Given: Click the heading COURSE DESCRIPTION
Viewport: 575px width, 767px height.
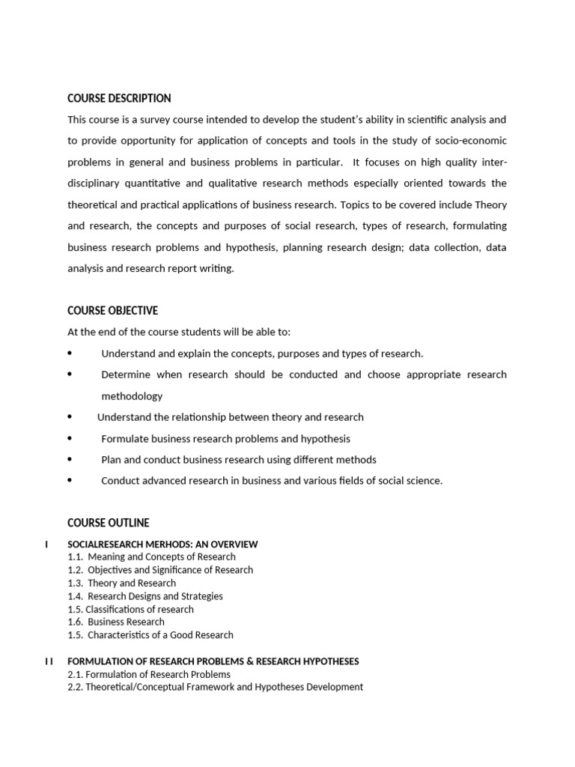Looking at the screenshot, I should coord(119,98).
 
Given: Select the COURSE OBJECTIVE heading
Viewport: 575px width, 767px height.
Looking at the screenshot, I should coord(112,311).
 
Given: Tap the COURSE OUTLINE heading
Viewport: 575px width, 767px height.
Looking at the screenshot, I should coord(109,523).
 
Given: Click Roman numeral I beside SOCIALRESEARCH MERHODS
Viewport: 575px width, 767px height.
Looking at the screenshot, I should coord(47,544).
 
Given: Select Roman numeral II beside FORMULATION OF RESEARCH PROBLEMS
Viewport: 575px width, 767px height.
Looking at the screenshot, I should coord(49,661).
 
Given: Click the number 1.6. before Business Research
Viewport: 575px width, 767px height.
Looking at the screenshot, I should coord(75,622).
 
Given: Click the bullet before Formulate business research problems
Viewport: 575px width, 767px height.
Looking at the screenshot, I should coord(70,438).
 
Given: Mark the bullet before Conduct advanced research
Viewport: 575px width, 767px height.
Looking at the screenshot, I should coord(70,481).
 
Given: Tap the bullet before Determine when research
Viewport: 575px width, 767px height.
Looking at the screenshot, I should coord(70,375).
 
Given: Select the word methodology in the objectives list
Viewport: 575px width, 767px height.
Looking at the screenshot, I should coord(132,395).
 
